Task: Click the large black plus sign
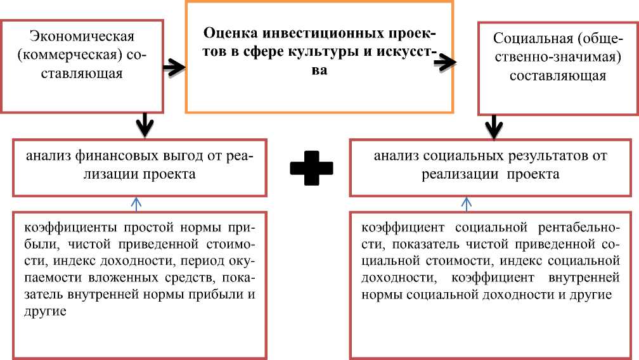pyautogui.click(x=311, y=166)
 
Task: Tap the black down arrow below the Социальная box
pyautogui.click(x=493, y=127)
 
